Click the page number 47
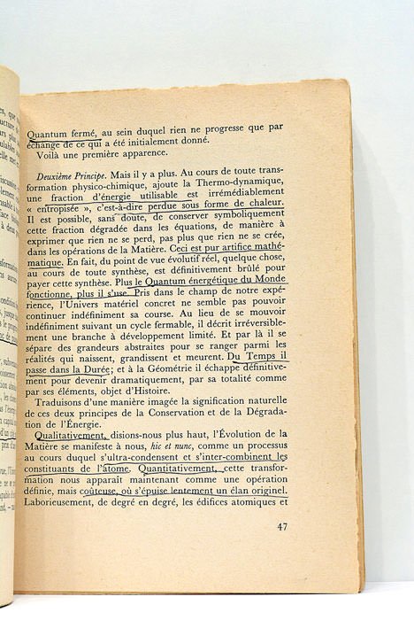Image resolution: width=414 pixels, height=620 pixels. click(x=281, y=526)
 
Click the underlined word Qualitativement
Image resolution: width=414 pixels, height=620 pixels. click(x=67, y=434)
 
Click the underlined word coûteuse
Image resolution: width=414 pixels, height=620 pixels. click(x=132, y=487)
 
